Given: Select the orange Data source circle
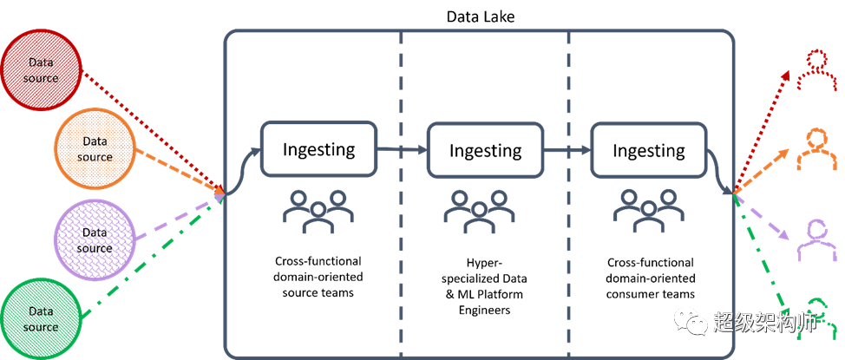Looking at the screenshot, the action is tap(95, 148).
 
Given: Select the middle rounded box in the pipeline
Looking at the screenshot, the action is tap(485, 149).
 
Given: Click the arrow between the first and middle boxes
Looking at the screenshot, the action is tap(401, 150).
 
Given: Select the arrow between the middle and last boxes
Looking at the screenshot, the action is tap(567, 150).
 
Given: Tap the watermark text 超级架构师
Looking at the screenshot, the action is tap(765, 323).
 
